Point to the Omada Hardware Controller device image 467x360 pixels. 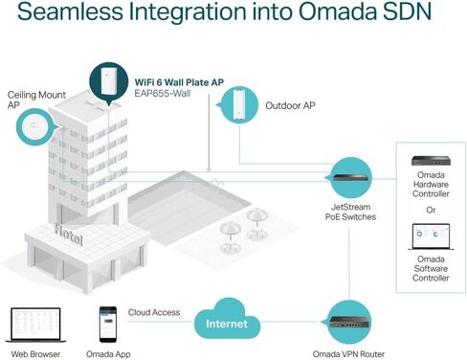(x=431, y=162)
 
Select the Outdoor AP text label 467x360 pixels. (x=292, y=106)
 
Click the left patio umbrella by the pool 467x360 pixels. (x=228, y=230)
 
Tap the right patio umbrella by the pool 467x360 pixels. (x=255, y=218)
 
